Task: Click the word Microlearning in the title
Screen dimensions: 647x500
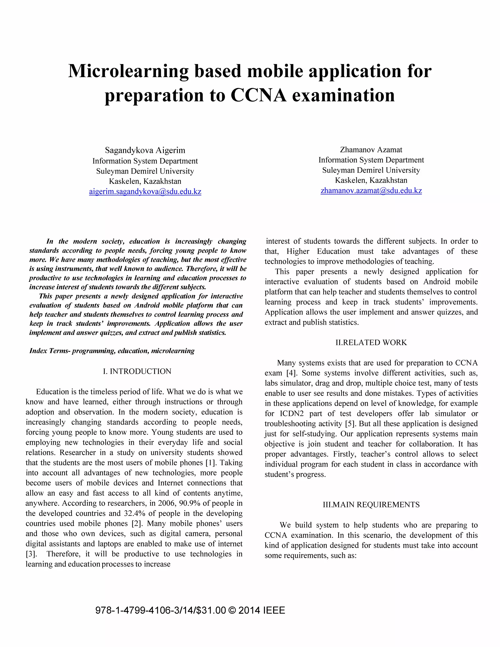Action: click(x=128, y=71)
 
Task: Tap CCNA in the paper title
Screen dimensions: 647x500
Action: click(x=258, y=95)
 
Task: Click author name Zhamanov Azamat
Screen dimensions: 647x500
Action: click(x=371, y=150)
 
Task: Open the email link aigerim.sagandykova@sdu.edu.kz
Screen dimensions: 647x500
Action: click(x=145, y=192)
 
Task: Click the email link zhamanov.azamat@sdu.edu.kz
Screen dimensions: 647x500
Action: click(x=371, y=190)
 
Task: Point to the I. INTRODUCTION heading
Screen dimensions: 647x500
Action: click(x=137, y=371)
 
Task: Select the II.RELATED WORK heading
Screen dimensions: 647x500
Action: click(x=371, y=343)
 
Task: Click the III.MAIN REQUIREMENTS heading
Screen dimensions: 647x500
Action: click(x=371, y=504)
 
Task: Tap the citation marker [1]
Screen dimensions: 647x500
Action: click(x=211, y=463)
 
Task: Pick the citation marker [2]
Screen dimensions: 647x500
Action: click(x=137, y=523)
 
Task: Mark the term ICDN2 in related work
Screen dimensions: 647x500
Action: click(x=292, y=414)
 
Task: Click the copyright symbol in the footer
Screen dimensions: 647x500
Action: click(x=232, y=611)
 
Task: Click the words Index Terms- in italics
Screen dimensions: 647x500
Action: click(x=50, y=351)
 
